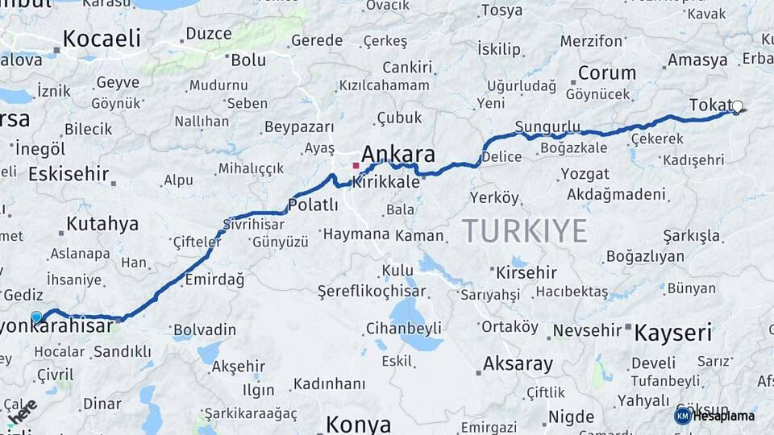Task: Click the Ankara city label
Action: click(398, 154)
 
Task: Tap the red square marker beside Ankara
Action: click(356, 165)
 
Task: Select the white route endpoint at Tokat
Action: click(737, 106)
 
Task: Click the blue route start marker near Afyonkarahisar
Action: click(36, 317)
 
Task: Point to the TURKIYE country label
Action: click(525, 231)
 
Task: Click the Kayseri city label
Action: click(673, 332)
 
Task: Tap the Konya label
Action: click(358, 424)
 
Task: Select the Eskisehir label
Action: click(68, 174)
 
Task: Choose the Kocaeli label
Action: click(102, 38)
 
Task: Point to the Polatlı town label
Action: click(313, 205)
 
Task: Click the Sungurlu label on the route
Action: click(547, 126)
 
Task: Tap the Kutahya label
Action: click(102, 224)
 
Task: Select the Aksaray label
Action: click(518, 364)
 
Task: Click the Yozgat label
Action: click(585, 174)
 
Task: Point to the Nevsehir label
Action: click(586, 330)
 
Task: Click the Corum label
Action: click(606, 73)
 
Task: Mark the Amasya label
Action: click(697, 60)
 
